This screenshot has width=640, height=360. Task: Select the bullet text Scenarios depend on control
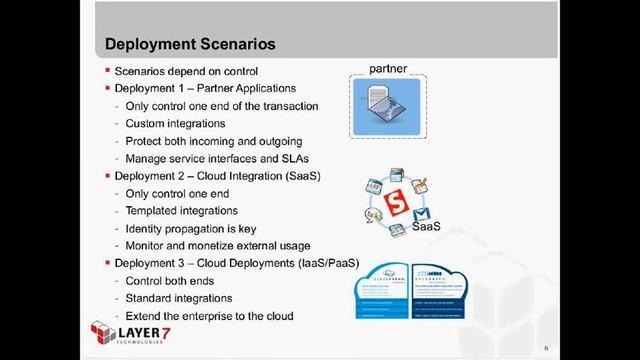click(187, 72)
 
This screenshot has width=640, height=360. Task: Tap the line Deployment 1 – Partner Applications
click(212, 89)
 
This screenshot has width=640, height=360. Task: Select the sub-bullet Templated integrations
click(181, 211)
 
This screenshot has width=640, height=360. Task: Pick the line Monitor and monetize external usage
click(218, 246)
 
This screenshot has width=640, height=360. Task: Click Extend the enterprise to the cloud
click(209, 316)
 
